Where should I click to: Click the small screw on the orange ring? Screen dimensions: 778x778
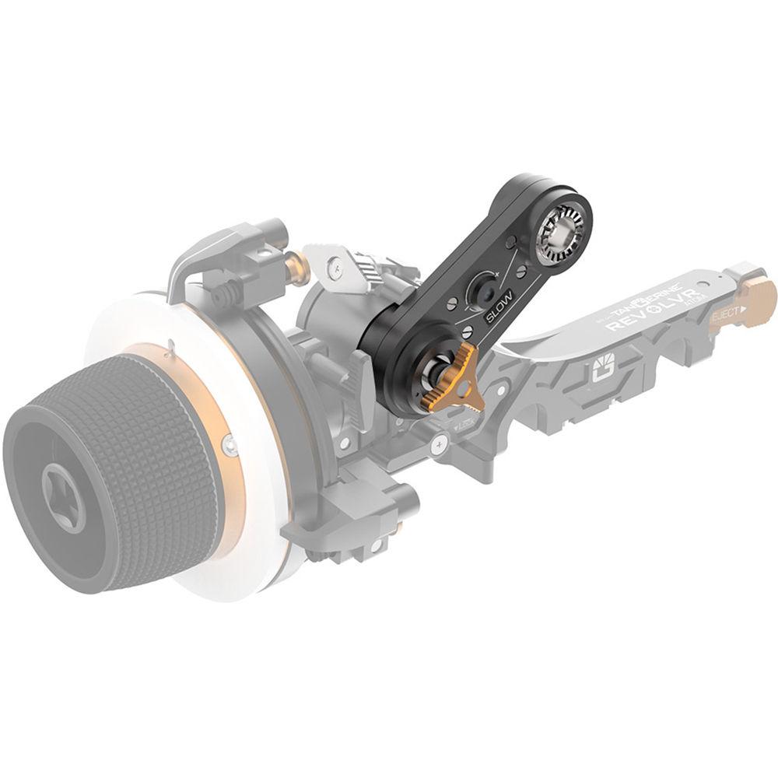(230, 445)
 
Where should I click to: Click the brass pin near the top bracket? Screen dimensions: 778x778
(296, 268)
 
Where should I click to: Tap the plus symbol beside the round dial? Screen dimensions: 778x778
(496, 275)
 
